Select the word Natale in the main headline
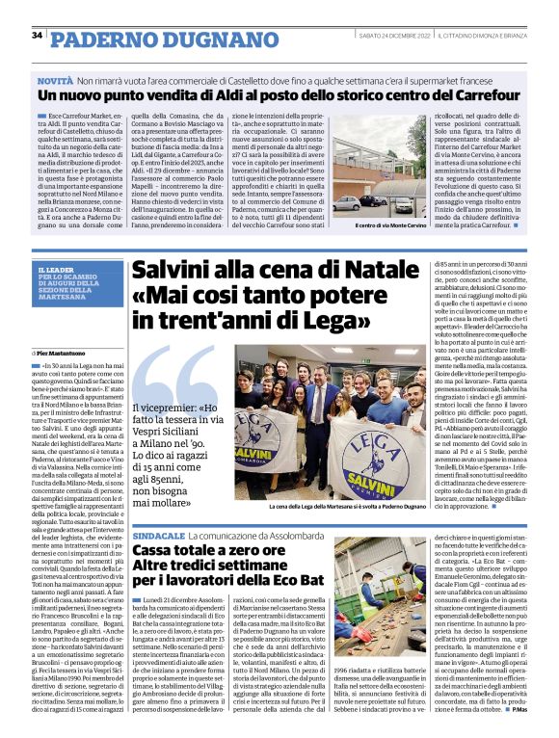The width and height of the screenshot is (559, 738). click(359, 271)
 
